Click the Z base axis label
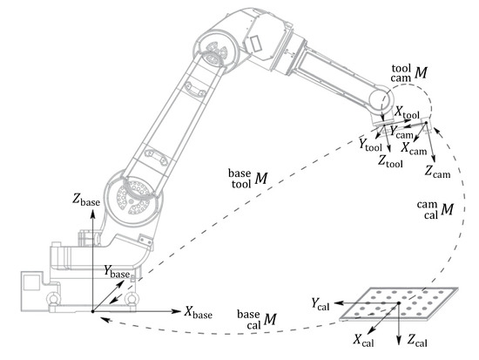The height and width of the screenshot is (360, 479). (86, 200)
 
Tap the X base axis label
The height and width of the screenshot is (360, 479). (199, 312)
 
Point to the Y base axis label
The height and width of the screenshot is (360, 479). (117, 272)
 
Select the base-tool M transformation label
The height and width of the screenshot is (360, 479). (248, 179)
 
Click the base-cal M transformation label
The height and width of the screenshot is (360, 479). (257, 320)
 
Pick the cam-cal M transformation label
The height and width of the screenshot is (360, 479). (435, 209)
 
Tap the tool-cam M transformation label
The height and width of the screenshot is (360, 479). (409, 73)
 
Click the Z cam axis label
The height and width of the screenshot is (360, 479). (438, 172)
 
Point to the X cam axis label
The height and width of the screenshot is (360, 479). (414, 148)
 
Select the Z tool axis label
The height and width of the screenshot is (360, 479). (390, 161)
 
